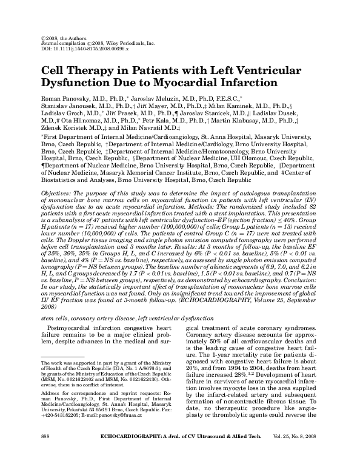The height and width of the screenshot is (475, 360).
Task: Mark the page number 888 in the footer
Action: click(44, 453)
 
